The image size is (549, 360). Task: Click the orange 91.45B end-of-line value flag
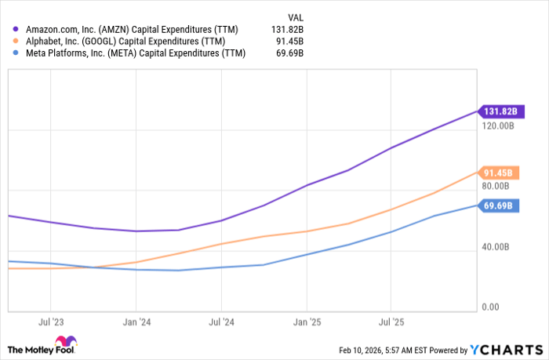tap(498, 173)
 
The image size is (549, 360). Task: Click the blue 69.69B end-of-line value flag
tap(498, 205)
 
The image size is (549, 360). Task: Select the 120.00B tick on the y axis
tap(498, 125)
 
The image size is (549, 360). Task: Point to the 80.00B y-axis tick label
tap(496, 186)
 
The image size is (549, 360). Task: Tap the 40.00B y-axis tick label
tap(496, 247)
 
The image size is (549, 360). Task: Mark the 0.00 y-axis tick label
tap(489, 307)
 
